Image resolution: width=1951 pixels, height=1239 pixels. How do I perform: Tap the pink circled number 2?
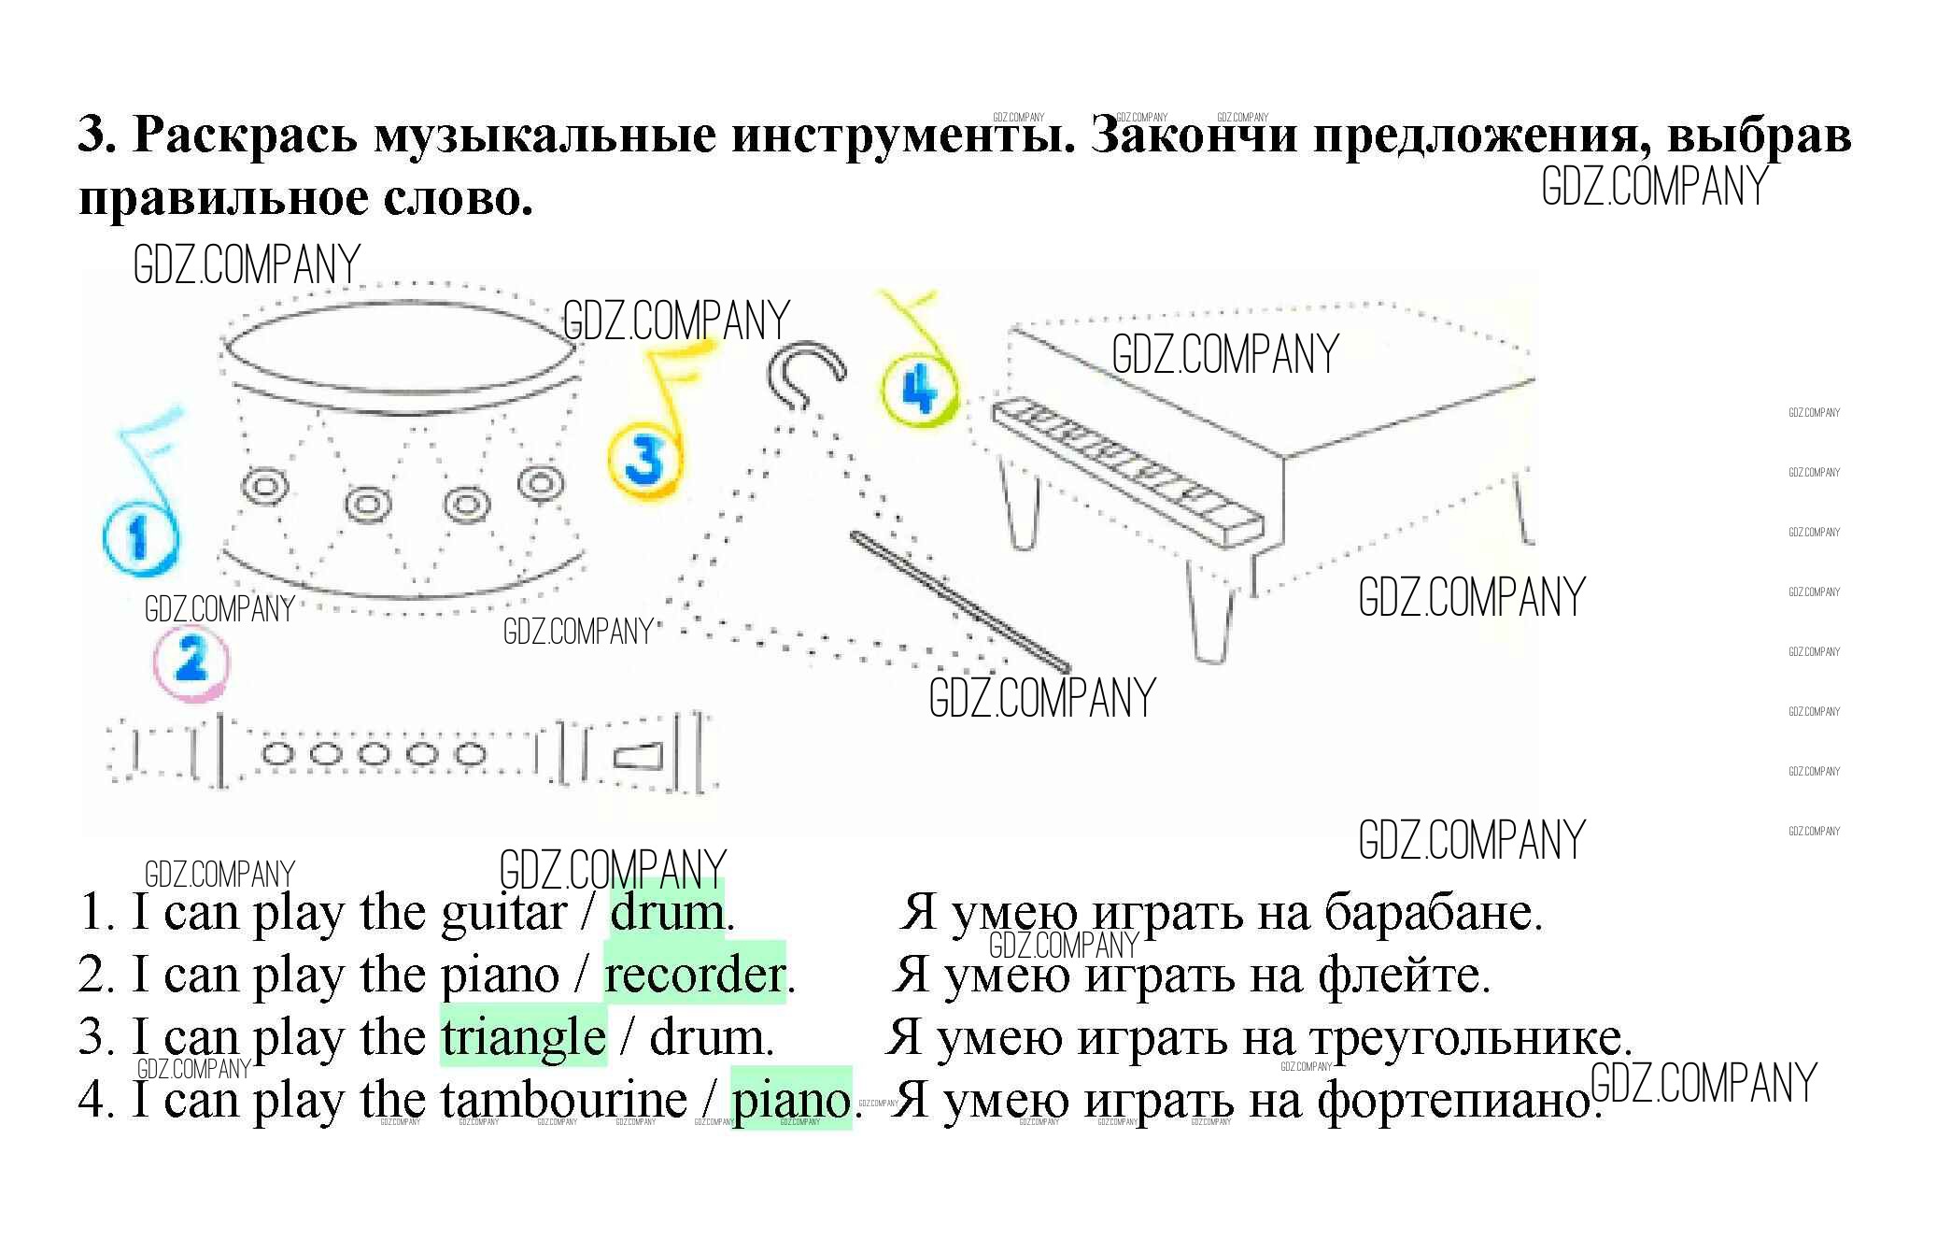coord(191,662)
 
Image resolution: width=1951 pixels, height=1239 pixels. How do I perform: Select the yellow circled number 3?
coord(644,459)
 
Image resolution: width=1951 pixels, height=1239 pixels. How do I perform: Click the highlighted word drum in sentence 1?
coord(667,913)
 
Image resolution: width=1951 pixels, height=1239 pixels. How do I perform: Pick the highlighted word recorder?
coord(694,975)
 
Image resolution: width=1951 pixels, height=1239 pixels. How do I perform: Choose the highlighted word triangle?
coord(523,1037)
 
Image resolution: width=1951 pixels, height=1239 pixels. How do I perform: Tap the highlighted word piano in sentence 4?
coord(790,1099)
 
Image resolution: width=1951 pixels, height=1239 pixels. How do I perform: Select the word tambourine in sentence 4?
coord(564,1098)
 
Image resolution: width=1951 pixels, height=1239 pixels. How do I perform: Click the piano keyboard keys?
coord(1125,470)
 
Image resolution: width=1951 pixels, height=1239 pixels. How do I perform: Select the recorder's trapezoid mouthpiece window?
coord(638,756)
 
